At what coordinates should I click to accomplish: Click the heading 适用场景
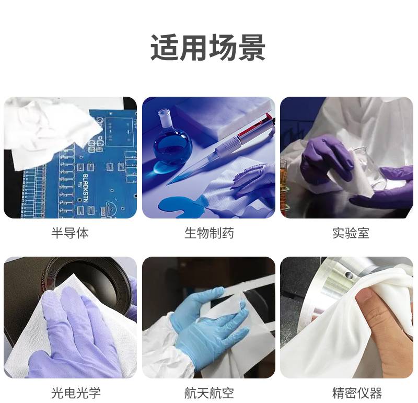pos(208,48)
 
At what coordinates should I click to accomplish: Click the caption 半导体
pos(70,233)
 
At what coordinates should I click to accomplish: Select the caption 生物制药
pos(209,233)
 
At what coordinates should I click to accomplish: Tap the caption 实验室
pos(351,233)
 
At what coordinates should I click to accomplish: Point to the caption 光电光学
pos(76,393)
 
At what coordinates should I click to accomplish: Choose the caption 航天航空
pos(209,393)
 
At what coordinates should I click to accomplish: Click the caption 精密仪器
pos(357,393)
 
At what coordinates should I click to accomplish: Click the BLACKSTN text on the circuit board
pos(85,188)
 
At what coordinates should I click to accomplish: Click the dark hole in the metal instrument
pos(348,274)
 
